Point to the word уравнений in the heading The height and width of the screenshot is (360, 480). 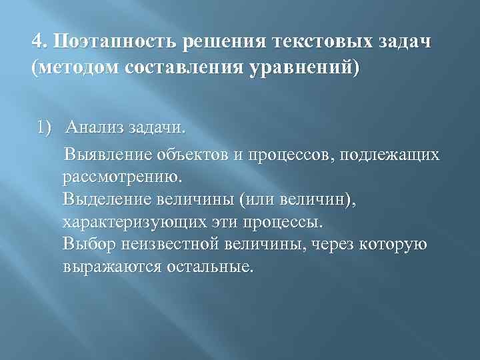point(300,67)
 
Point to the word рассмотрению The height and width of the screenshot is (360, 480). point(121,178)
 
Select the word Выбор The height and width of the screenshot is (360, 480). point(88,244)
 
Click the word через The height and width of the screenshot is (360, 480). point(329,244)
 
